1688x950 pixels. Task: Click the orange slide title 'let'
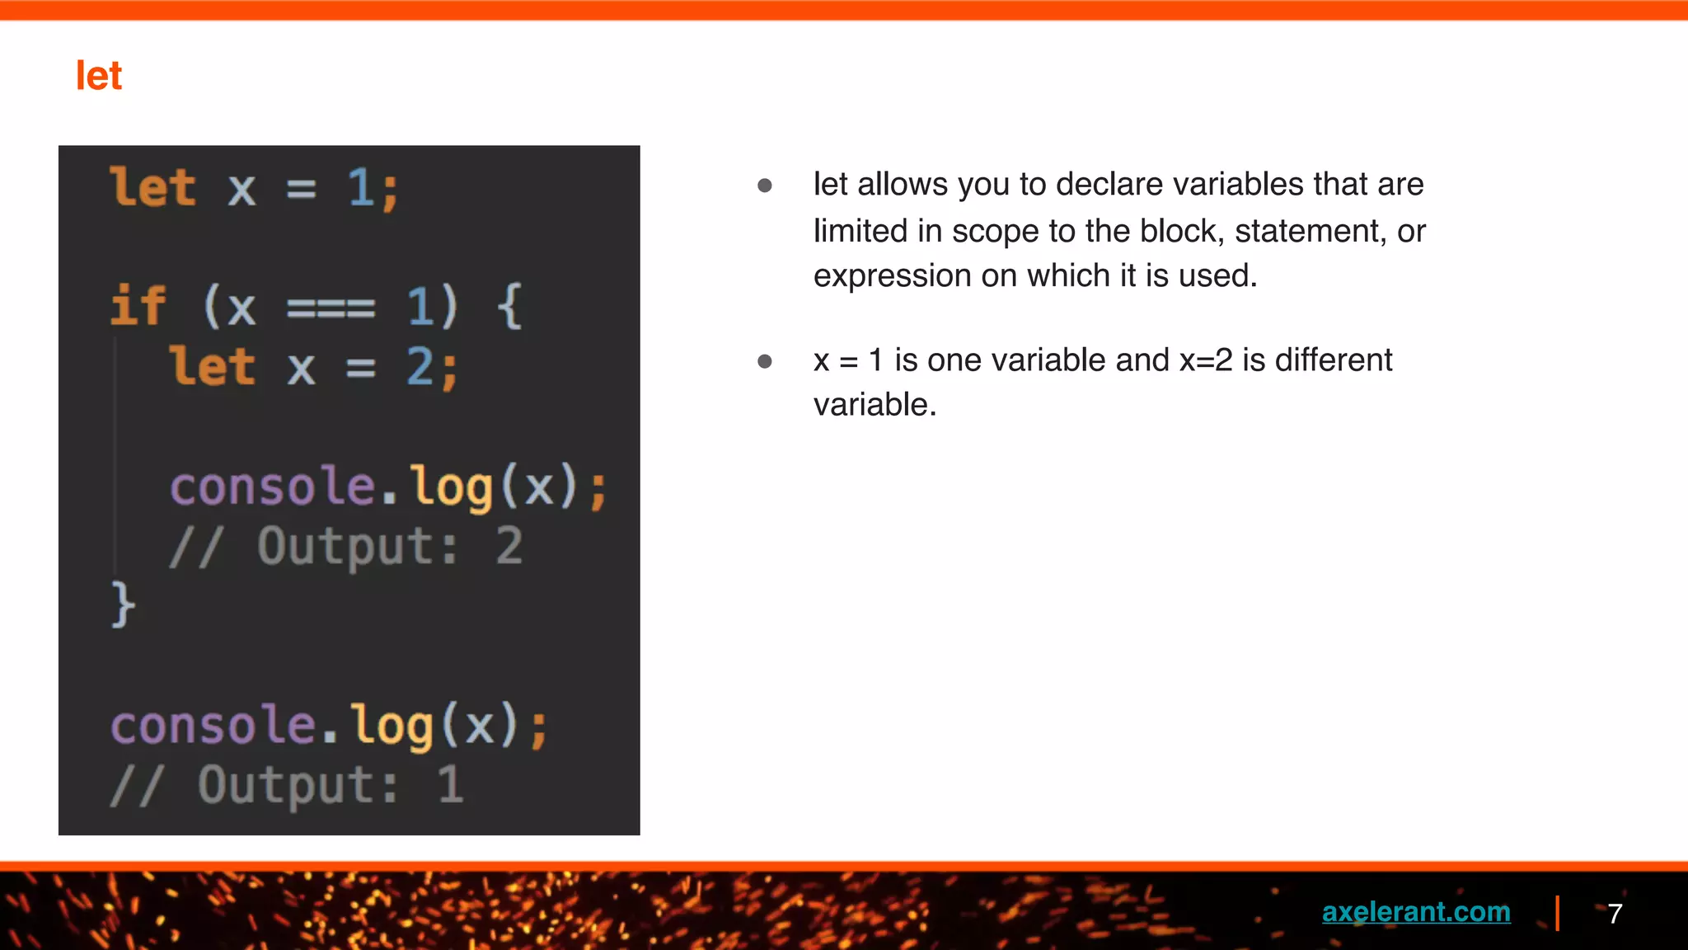coord(99,76)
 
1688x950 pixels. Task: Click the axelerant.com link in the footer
coord(1415,912)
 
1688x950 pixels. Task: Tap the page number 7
coord(1615,914)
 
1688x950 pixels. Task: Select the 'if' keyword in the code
coord(138,306)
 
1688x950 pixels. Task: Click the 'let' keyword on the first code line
coord(153,187)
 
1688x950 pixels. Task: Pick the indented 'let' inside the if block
coord(213,366)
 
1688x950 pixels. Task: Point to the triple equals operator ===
coord(331,309)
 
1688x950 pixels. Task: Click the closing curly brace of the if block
coord(123,604)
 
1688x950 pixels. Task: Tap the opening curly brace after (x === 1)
coord(510,306)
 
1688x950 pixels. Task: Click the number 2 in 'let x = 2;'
coord(420,366)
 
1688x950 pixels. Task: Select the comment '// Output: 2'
coord(346,546)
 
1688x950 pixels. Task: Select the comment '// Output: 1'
coord(287,784)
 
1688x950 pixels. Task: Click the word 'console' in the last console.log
coord(213,726)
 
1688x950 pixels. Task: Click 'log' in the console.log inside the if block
coord(452,487)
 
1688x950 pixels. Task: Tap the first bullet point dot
coord(765,186)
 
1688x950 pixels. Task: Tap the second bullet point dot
coord(765,361)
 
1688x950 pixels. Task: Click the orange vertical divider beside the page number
coord(1557,913)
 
